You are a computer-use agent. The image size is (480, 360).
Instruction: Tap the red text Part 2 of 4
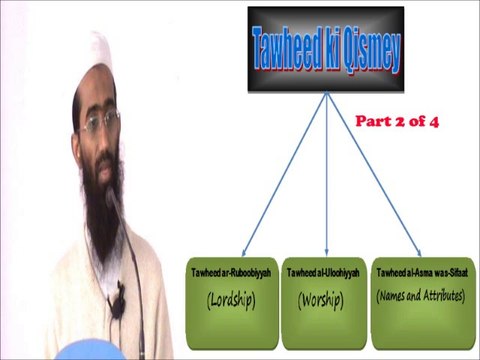[x=398, y=121]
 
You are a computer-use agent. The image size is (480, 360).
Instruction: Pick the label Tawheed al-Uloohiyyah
[x=325, y=273]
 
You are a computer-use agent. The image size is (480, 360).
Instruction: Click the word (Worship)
[x=323, y=298]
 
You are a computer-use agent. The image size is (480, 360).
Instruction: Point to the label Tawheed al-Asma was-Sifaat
[x=421, y=273]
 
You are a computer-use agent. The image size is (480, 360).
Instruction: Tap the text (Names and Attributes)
[x=421, y=297]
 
